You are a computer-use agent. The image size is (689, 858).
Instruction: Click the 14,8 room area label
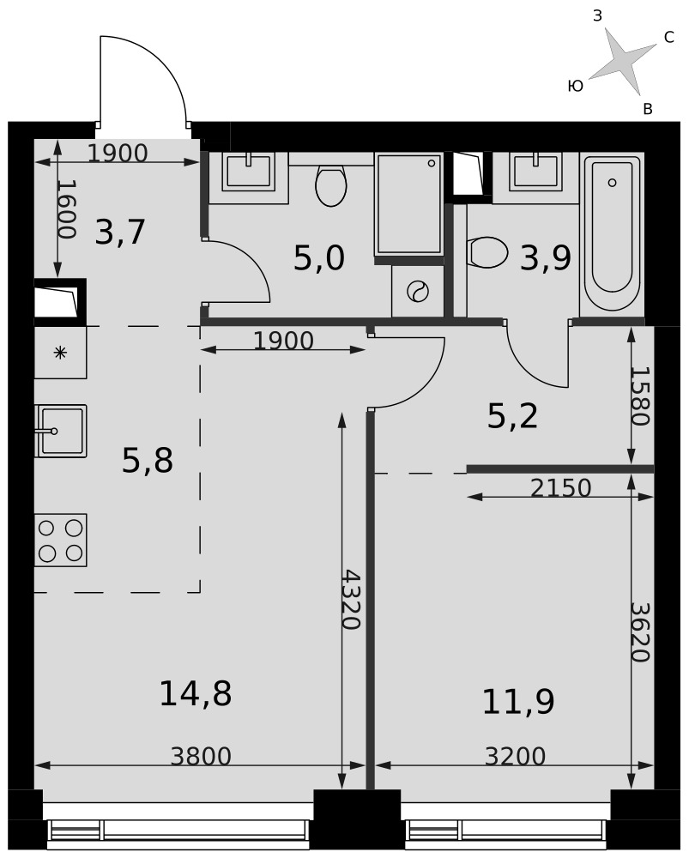[x=196, y=693]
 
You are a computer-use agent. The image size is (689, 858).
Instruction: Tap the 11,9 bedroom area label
[x=518, y=702]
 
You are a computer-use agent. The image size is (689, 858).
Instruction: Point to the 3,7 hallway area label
[x=120, y=232]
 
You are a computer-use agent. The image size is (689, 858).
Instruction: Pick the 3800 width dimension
[x=201, y=757]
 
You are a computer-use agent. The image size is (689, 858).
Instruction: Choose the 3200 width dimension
[x=515, y=757]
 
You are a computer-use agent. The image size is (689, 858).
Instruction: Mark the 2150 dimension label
[x=561, y=488]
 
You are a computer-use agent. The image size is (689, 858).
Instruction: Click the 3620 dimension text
[x=640, y=632]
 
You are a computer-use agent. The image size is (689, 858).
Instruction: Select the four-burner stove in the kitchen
[x=61, y=540]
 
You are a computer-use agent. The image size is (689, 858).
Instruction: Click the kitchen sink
[x=61, y=431]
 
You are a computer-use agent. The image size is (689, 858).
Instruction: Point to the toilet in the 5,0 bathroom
[x=331, y=185]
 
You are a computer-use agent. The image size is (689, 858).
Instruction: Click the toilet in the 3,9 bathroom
[x=488, y=252]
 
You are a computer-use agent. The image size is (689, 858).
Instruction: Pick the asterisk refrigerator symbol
[x=60, y=353]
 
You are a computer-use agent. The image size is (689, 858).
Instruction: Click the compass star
[x=622, y=61]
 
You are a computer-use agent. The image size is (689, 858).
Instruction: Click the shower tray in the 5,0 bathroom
[x=408, y=204]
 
